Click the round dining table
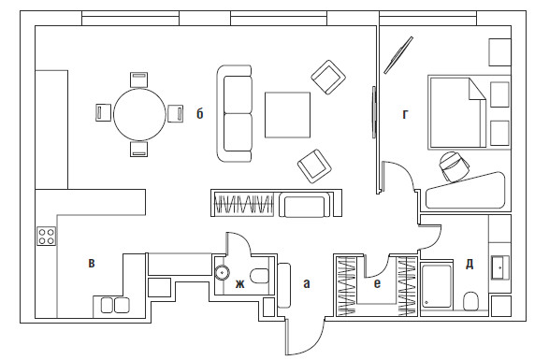click(139, 114)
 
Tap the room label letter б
click(199, 113)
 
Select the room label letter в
click(92, 263)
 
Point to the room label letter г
click(405, 114)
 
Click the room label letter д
click(470, 264)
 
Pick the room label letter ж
click(239, 284)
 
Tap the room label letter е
click(377, 283)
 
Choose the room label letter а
click(307, 283)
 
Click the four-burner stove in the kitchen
click(47, 237)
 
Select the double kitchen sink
click(115, 305)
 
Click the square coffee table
click(287, 115)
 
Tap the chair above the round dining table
click(139, 79)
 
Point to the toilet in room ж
click(259, 276)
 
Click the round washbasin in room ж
click(222, 272)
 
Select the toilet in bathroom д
click(471, 301)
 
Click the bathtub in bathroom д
click(436, 286)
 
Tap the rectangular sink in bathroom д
click(500, 267)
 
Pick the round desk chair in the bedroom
click(455, 166)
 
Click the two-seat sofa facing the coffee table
click(235, 113)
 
